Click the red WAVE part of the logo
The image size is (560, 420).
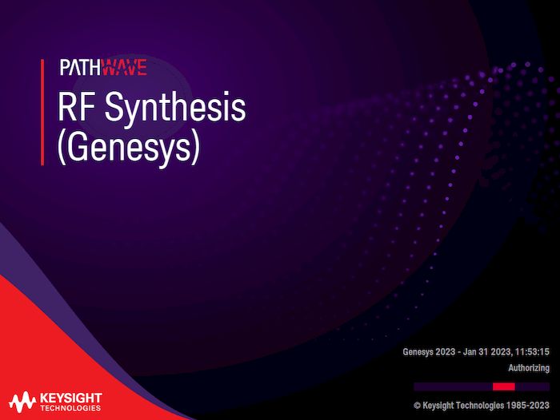[125, 68]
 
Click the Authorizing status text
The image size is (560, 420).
[529, 368]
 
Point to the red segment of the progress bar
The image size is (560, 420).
[504, 386]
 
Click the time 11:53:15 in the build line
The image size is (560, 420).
[531, 351]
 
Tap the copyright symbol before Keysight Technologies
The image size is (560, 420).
[417, 405]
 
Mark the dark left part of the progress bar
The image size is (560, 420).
[452, 386]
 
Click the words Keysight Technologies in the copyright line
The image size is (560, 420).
[463, 405]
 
